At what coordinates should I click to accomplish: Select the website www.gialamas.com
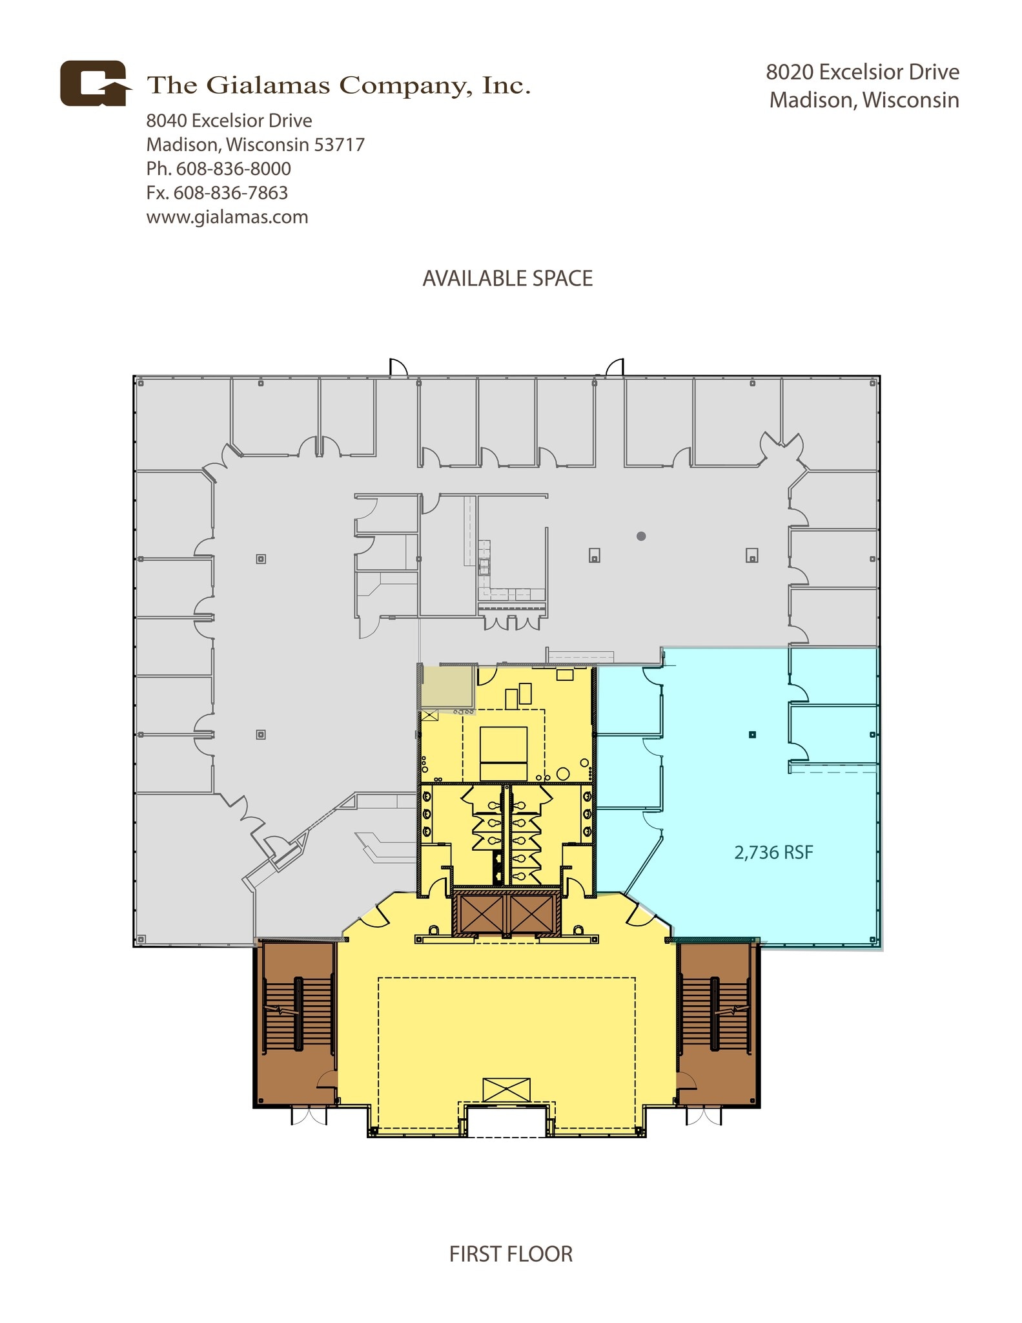coord(227,217)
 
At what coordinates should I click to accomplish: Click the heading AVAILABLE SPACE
coord(507,278)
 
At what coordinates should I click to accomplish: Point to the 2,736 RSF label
coord(773,853)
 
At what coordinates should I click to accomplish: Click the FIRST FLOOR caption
coord(511,1254)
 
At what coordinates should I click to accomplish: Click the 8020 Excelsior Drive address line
coord(863,72)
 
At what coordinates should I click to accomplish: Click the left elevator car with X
coord(480,913)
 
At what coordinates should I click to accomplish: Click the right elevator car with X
coord(532,913)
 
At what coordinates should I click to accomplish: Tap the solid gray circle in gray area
coord(641,536)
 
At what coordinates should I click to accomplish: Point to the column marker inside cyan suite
coord(752,734)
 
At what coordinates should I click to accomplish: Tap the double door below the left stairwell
coord(309,1116)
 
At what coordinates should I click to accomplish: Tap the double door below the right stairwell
coord(703,1116)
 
